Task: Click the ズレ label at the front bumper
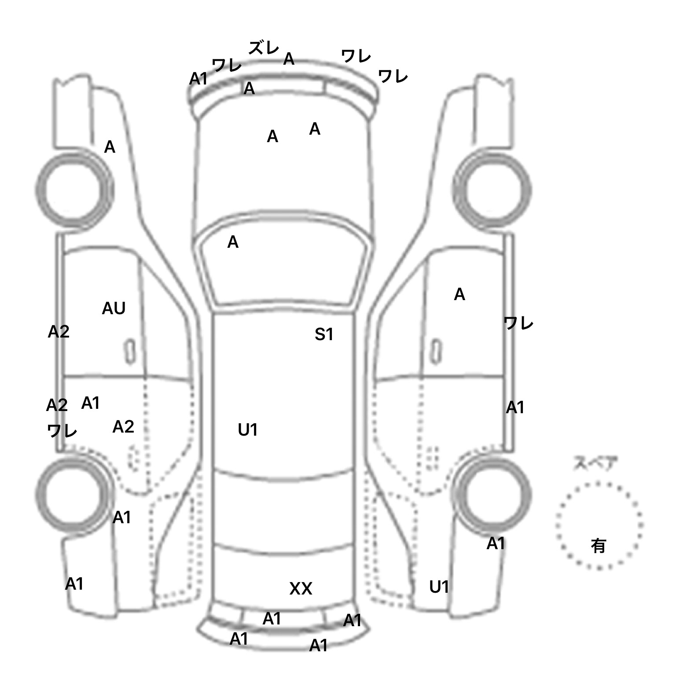(264, 48)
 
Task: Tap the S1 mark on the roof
(324, 335)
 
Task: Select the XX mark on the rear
(301, 588)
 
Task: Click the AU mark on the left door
(114, 308)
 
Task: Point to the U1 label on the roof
(247, 430)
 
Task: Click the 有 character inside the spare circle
(598, 546)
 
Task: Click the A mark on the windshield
(233, 242)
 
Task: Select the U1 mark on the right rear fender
(439, 587)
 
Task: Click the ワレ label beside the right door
(518, 324)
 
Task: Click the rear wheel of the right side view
(492, 493)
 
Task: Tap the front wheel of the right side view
(492, 190)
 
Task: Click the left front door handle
(130, 351)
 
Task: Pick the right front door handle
(436, 351)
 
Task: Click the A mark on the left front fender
(110, 147)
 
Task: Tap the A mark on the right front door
(459, 294)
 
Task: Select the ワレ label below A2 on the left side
(62, 431)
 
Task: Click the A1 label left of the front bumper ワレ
(198, 79)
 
